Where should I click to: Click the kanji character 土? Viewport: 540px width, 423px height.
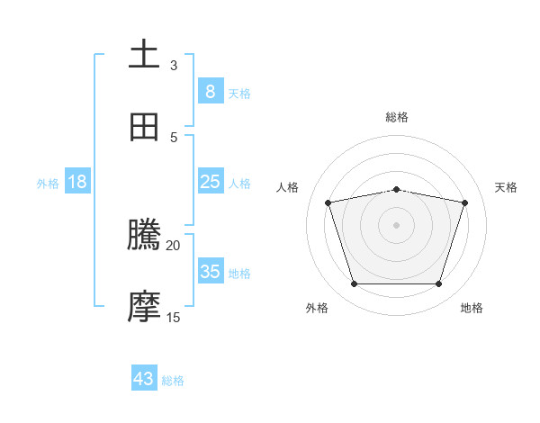point(144,55)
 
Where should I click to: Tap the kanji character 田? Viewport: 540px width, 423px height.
point(144,127)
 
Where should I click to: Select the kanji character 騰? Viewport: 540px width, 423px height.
point(144,236)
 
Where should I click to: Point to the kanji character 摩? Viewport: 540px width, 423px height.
point(144,307)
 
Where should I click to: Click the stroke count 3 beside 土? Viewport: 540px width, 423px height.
point(174,66)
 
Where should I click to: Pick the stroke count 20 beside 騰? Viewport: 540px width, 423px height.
point(174,245)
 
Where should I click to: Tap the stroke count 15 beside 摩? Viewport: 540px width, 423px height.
point(174,317)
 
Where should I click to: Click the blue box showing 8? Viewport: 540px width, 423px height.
point(210,92)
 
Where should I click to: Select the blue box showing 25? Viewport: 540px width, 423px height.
point(210,182)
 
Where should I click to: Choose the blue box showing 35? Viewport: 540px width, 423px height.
point(210,272)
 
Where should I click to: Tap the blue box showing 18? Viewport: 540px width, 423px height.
point(77,182)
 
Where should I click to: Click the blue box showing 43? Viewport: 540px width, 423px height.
point(143,379)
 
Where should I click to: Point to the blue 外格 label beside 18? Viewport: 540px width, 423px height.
point(48,183)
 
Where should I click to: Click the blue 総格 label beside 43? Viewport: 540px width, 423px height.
point(173,381)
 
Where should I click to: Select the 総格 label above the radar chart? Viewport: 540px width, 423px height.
point(397,117)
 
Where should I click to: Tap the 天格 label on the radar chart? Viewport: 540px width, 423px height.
point(507,187)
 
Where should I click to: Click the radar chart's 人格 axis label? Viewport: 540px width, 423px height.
point(288,187)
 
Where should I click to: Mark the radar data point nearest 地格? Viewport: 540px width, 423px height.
point(438,284)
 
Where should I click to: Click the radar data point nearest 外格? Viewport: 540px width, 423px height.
point(354,284)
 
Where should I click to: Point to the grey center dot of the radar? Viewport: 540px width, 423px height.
point(396,225)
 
